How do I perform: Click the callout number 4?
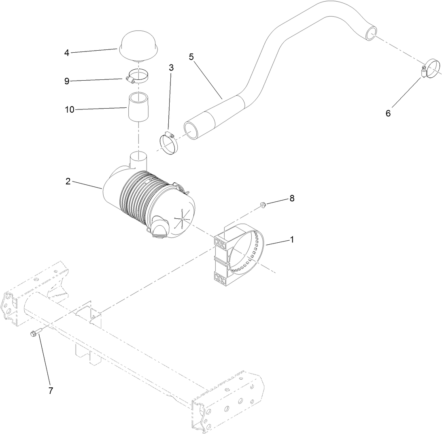pyautogui.click(x=67, y=53)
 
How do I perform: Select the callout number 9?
pyautogui.click(x=67, y=81)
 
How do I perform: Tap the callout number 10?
pyautogui.click(x=70, y=109)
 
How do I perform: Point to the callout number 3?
pyautogui.click(x=171, y=68)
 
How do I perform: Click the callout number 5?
pyautogui.click(x=191, y=57)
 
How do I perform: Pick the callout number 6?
pyautogui.click(x=388, y=113)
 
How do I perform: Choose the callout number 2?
pyautogui.click(x=68, y=182)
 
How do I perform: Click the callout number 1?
pyautogui.click(x=291, y=239)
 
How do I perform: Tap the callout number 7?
pyautogui.click(x=51, y=391)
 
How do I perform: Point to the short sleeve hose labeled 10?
pyautogui.click(x=139, y=107)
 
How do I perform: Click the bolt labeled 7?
pyautogui.click(x=35, y=333)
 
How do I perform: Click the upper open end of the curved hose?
pyautogui.click(x=371, y=33)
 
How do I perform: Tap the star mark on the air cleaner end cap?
pyautogui.click(x=182, y=220)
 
